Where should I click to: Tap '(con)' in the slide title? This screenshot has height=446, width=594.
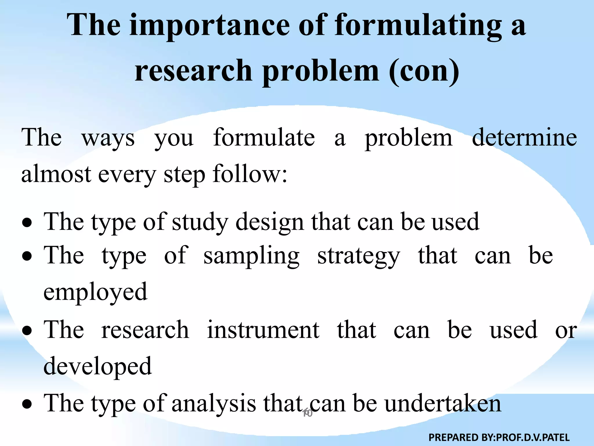click(x=424, y=71)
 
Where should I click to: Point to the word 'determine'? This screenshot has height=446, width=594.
click(x=524, y=137)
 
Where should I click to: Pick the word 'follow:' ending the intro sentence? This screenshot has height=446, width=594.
click(x=250, y=174)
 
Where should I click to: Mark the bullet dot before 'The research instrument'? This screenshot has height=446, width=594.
click(x=27, y=331)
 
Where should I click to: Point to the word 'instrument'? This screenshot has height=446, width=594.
click(x=263, y=330)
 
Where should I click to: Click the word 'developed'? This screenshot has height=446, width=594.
click(x=97, y=366)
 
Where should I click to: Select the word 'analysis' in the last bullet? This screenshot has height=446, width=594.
click(x=214, y=404)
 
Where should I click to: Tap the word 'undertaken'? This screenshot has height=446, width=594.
click(x=443, y=404)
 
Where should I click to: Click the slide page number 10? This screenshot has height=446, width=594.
click(x=307, y=413)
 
